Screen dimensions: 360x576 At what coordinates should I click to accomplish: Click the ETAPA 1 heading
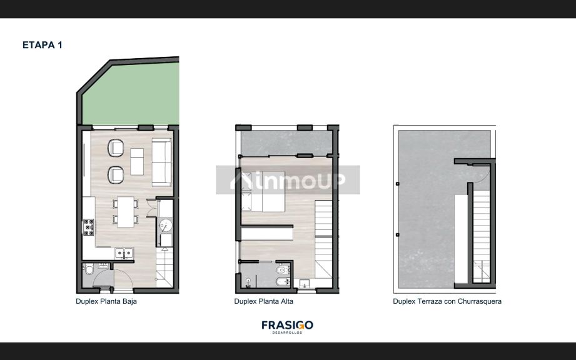tap(42, 45)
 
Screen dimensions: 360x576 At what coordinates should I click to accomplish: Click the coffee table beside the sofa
tap(138, 161)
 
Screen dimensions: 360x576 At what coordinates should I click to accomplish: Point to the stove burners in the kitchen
tap(88, 229)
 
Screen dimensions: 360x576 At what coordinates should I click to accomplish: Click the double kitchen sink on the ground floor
tap(124, 252)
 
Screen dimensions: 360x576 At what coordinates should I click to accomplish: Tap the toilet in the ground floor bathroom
tap(89, 270)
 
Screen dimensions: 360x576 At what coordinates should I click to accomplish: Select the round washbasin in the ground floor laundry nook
tap(166, 224)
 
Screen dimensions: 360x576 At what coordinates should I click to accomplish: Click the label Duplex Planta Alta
tap(263, 301)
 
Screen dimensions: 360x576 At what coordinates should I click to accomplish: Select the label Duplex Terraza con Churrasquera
tap(447, 301)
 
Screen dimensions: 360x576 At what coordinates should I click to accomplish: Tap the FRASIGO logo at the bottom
tap(287, 326)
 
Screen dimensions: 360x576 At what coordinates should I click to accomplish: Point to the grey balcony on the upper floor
tap(285, 143)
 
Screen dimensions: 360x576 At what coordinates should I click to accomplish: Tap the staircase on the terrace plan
tap(482, 237)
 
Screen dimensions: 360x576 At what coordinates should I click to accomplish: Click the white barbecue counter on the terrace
tap(461, 237)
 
